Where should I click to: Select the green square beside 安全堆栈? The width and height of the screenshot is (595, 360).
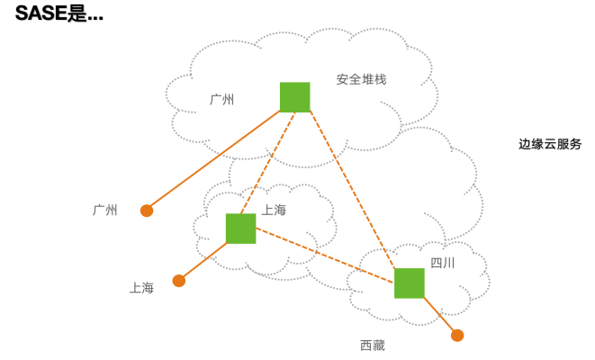click(x=294, y=96)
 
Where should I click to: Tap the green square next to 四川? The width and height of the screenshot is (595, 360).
click(x=409, y=283)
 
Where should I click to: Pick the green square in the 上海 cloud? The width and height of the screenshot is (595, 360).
click(x=240, y=229)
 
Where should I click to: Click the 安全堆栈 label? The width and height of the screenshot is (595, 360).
click(x=361, y=79)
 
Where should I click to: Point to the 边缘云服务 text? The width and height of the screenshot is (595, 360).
click(x=550, y=144)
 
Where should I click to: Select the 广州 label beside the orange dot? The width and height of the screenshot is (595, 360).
click(x=105, y=210)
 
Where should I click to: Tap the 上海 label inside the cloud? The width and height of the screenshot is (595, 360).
click(x=274, y=210)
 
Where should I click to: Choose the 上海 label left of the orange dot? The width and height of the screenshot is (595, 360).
click(x=142, y=288)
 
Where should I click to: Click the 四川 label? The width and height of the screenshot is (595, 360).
click(x=442, y=263)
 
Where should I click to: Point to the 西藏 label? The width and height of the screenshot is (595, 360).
click(x=372, y=345)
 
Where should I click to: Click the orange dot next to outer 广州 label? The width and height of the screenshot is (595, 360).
click(x=147, y=211)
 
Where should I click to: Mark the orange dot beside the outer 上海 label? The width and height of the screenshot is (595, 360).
click(x=179, y=281)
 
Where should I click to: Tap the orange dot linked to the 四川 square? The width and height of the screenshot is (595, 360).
click(x=457, y=336)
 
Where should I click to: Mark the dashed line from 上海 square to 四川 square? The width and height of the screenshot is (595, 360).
click(x=324, y=255)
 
